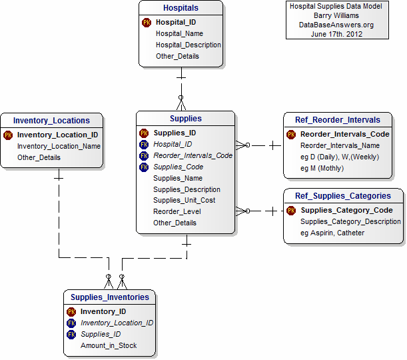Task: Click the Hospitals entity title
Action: click(x=180, y=8)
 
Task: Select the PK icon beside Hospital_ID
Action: click(x=147, y=22)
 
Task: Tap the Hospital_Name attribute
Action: click(x=179, y=33)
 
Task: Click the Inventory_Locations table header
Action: click(x=51, y=121)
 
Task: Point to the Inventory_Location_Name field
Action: click(x=59, y=146)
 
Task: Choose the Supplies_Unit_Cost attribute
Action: click(x=184, y=200)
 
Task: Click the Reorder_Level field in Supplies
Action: click(x=177, y=211)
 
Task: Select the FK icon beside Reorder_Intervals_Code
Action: click(x=144, y=155)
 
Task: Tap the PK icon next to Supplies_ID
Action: click(x=144, y=133)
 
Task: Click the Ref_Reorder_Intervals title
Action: click(x=337, y=120)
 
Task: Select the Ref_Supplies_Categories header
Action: click(x=342, y=196)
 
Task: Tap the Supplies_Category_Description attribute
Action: click(x=350, y=221)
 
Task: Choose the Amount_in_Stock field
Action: click(x=109, y=345)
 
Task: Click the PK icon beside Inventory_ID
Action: click(x=71, y=311)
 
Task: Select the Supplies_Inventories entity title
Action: click(x=110, y=297)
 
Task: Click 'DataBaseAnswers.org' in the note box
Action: click(x=336, y=25)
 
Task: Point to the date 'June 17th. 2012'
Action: click(x=336, y=34)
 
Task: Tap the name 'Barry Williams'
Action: click(x=336, y=15)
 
